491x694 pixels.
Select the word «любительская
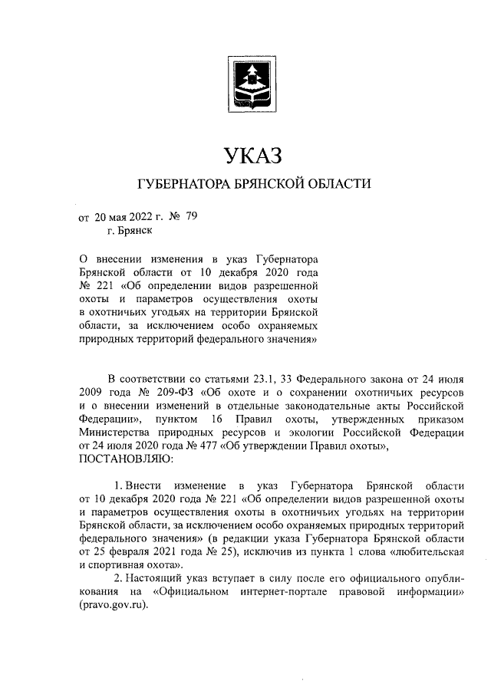coord(428,552)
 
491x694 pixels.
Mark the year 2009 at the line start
coord(92,392)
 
